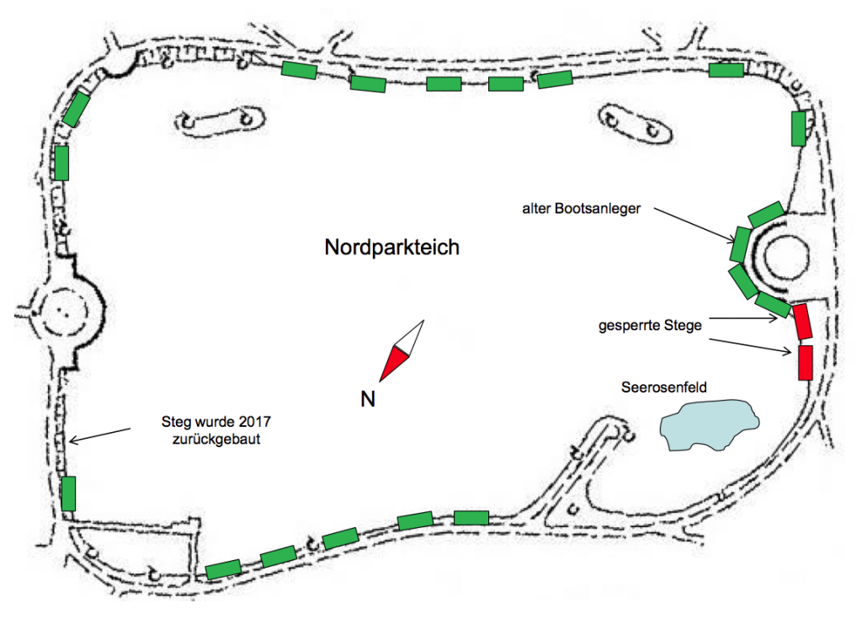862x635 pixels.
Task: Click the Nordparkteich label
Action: [391, 248]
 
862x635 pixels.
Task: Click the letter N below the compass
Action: [368, 399]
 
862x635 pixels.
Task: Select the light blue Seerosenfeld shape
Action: [708, 424]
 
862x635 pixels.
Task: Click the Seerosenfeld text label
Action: [664, 388]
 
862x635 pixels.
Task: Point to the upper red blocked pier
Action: [802, 321]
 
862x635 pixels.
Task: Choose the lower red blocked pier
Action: [805, 362]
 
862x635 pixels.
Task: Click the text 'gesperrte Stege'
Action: [649, 325]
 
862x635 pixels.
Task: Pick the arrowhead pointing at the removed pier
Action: [72, 439]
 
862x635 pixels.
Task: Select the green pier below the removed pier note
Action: [69, 493]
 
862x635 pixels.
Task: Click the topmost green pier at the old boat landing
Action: [766, 213]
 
